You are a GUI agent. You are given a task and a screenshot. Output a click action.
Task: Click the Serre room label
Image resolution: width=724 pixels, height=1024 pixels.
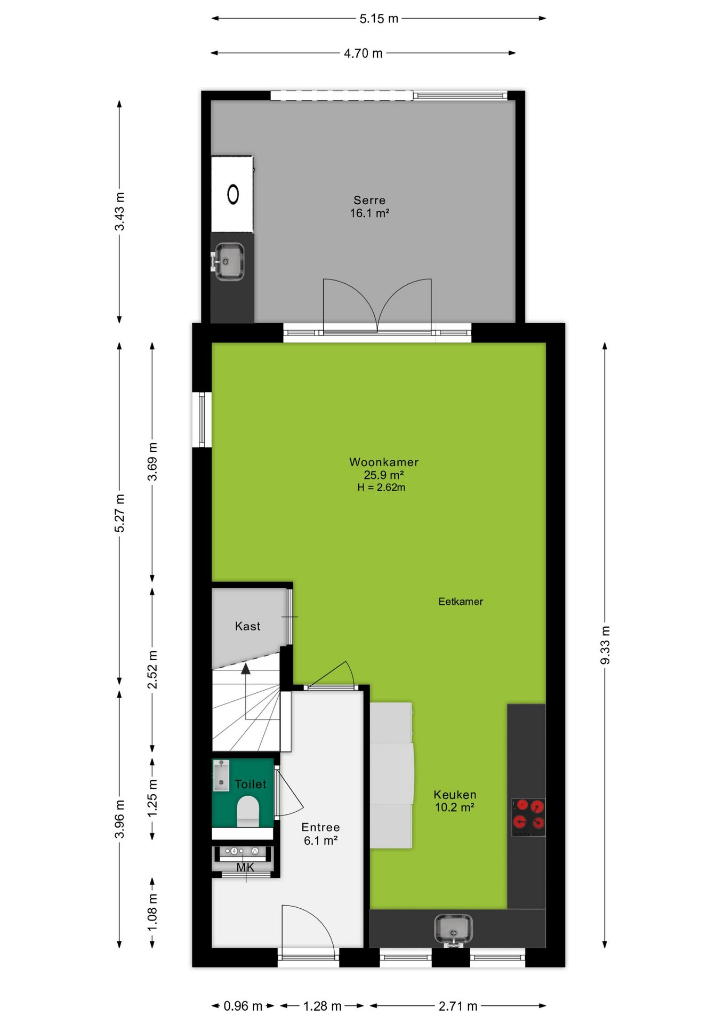point(369,200)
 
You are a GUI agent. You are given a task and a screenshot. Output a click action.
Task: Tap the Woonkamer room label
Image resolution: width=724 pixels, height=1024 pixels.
point(384,462)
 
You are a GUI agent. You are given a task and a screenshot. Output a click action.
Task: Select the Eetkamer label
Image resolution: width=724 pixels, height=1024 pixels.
point(461,602)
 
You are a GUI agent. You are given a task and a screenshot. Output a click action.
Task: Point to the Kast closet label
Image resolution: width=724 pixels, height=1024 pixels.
point(248,626)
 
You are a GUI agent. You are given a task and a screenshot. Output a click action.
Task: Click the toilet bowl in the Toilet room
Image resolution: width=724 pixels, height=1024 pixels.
point(248,811)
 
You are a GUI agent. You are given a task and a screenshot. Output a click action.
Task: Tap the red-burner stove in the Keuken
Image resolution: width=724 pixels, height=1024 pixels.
point(528,817)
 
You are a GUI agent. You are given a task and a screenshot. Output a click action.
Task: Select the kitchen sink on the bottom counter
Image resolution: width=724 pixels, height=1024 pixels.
point(453,929)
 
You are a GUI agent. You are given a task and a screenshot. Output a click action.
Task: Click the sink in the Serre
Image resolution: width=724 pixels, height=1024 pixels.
point(229,261)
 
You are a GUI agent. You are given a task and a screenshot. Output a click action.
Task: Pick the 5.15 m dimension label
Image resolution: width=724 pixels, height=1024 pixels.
point(379,19)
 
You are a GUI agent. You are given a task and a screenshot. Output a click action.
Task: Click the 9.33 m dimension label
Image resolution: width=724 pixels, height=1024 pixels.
point(605,645)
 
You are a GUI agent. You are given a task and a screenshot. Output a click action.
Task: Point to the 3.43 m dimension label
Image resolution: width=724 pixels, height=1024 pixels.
point(119,212)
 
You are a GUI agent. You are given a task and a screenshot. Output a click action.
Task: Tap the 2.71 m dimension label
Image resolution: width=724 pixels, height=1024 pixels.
point(458,1006)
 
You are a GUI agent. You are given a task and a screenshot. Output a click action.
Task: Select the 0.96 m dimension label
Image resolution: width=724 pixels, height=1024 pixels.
point(243,1006)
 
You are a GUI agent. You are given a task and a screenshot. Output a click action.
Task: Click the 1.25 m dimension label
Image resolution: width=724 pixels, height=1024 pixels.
point(152,798)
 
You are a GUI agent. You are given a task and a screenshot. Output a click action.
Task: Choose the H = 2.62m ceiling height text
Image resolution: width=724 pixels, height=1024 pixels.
point(381,487)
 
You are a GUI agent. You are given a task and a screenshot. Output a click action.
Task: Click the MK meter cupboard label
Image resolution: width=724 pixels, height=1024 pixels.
point(245,868)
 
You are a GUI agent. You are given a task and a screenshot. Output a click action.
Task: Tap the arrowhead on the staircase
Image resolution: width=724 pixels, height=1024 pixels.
point(246,669)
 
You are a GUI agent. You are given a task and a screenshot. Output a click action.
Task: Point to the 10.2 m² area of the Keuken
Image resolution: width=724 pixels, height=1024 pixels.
point(455,807)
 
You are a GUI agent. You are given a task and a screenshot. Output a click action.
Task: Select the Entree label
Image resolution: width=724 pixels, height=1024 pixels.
point(320,827)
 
